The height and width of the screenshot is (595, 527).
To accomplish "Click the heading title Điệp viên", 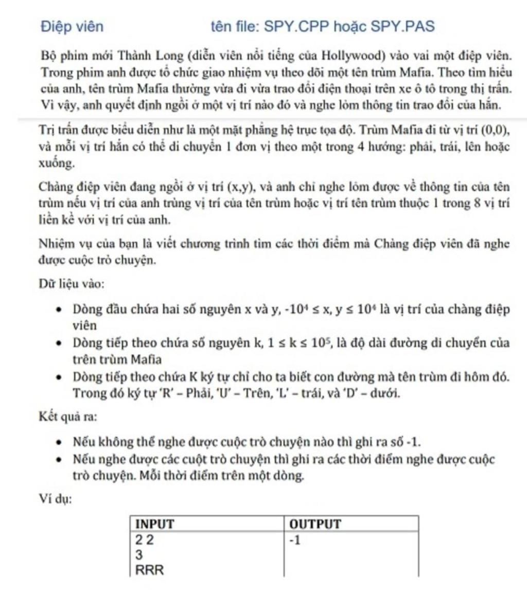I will (72, 26).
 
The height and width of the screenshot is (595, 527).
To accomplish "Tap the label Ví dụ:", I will (56, 499).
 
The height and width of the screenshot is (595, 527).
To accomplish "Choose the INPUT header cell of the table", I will (154, 524).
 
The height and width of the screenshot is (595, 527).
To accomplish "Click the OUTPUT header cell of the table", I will (315, 524).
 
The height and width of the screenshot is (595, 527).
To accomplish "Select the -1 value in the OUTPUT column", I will (295, 540).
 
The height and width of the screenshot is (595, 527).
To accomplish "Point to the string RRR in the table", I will (149, 570).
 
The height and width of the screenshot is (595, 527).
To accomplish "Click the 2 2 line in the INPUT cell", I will (144, 540).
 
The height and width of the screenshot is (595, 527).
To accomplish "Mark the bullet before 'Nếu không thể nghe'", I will (61, 443).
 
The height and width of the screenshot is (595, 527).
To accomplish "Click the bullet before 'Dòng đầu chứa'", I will (61, 311).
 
